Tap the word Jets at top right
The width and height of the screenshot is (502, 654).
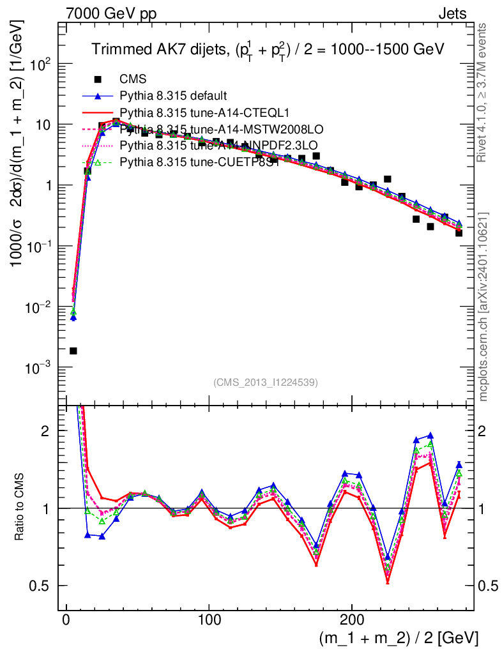click(x=452, y=13)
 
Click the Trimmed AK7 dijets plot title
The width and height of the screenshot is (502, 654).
click(x=268, y=49)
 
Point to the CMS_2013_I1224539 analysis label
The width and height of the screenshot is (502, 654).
click(x=266, y=382)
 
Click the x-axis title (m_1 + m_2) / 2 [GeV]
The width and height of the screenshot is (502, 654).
click(x=397, y=637)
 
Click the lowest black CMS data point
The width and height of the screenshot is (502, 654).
click(x=73, y=351)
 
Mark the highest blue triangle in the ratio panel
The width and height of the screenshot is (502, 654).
click(x=430, y=435)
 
